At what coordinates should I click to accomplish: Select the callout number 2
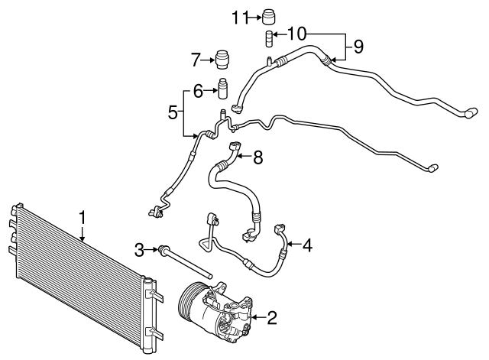(271, 317)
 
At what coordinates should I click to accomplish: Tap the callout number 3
(139, 248)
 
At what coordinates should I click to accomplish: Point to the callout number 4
(306, 245)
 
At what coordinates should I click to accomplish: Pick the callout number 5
(173, 113)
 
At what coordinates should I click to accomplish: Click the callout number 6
(197, 92)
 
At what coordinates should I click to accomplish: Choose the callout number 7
(196, 58)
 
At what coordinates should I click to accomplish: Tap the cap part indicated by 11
(268, 15)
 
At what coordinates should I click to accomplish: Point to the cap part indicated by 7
(223, 59)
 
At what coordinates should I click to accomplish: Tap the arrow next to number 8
(244, 157)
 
